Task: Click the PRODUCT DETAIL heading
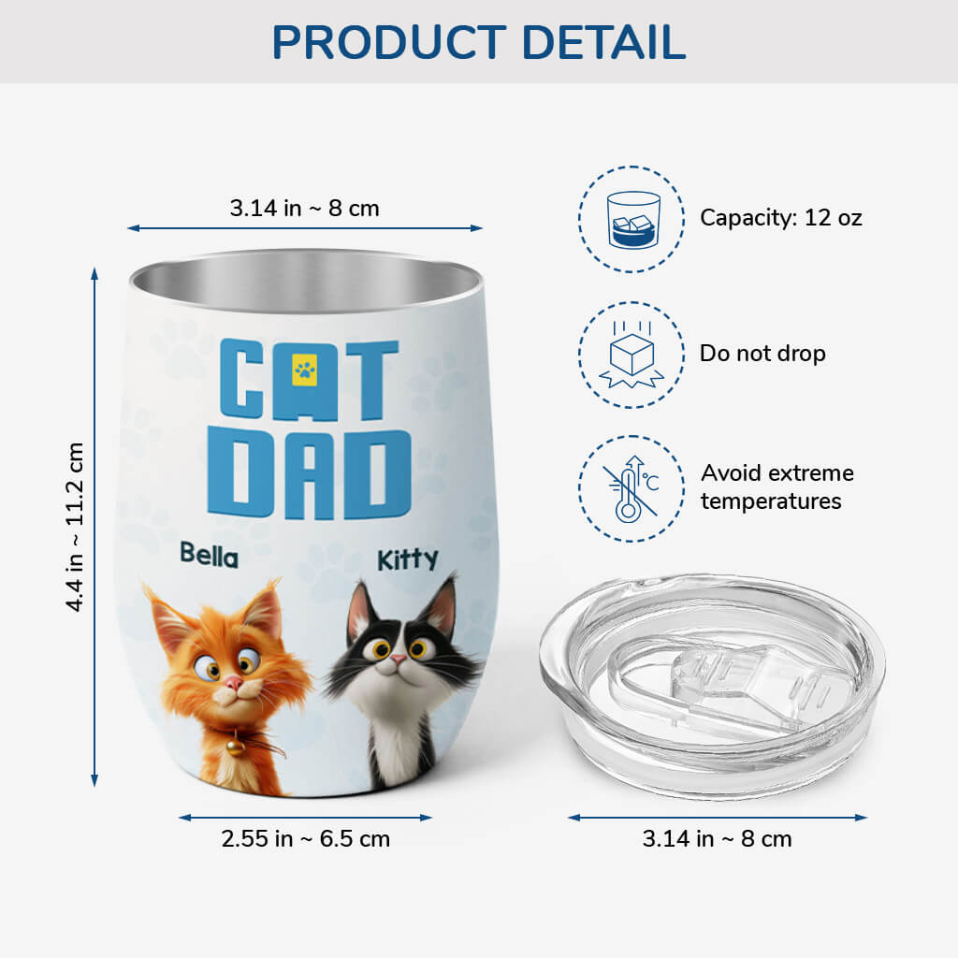tap(478, 42)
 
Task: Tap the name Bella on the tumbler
tap(209, 556)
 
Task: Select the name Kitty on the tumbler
tap(408, 559)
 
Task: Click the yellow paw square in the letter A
tap(304, 370)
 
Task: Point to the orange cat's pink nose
tap(233, 683)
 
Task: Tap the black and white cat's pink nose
tap(398, 660)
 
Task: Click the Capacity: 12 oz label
tap(781, 217)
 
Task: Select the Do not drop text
tap(762, 353)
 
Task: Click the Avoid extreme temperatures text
tap(777, 486)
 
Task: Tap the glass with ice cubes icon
tap(633, 219)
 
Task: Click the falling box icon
tap(631, 356)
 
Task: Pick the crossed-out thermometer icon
tap(631, 488)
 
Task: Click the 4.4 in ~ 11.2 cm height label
tap(75, 527)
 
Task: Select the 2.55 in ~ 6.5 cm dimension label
tap(306, 839)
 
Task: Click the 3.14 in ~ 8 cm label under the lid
tap(717, 839)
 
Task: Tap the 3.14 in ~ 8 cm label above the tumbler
tap(304, 209)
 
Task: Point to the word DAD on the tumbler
tap(309, 472)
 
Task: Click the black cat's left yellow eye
tap(381, 649)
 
